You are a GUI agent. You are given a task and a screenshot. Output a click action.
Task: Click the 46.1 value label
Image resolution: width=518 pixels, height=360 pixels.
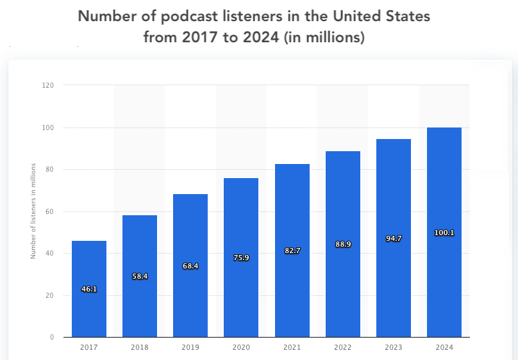[x=89, y=290]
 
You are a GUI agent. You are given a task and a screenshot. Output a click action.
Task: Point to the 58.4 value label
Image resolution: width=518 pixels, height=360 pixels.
[x=140, y=276]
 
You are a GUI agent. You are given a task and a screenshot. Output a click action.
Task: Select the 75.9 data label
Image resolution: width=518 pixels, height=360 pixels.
[x=241, y=258]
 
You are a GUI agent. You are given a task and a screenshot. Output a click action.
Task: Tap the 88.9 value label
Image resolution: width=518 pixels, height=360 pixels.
[x=343, y=244]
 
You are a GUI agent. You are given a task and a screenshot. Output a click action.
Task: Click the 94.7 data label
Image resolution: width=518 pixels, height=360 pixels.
[x=394, y=238]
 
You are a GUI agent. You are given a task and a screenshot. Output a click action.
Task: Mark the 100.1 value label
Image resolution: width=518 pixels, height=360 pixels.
[x=444, y=233]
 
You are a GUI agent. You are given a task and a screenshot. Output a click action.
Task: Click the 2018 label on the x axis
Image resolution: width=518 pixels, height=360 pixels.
[x=140, y=347]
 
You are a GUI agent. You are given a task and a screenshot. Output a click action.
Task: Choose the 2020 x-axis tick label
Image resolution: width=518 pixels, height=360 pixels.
[x=241, y=347]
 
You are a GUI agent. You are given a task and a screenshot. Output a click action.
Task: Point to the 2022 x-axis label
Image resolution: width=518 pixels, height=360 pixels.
[x=343, y=347]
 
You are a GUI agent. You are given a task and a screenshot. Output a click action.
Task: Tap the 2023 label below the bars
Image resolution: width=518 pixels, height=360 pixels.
[x=394, y=347]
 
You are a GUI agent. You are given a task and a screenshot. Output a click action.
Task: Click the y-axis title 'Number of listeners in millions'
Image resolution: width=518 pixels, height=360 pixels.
[x=33, y=211]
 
